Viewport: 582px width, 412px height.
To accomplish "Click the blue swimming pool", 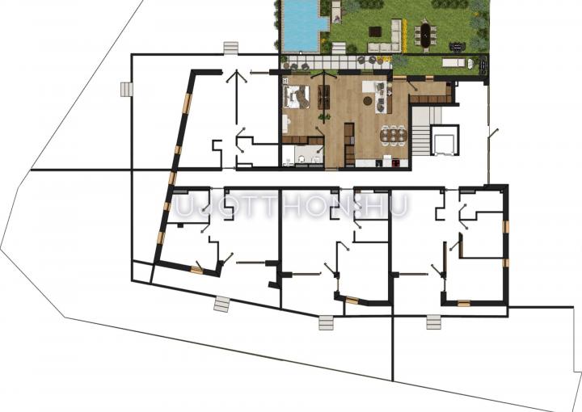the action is pyautogui.click(x=301, y=27).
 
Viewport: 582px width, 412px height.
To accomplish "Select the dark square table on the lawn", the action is pyautogui.click(x=375, y=32).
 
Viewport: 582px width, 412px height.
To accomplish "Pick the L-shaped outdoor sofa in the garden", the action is pyautogui.click(x=390, y=40).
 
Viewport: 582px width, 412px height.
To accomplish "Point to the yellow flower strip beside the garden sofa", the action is pyautogui.click(x=404, y=36).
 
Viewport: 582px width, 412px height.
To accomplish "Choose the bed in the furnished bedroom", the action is pyautogui.click(x=296, y=96).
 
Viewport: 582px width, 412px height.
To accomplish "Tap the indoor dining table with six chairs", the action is pyautogui.click(x=394, y=134).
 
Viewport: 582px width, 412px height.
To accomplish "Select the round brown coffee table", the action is pyautogui.click(x=369, y=100).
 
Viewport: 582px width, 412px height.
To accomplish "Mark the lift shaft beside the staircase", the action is pyautogui.click(x=445, y=141).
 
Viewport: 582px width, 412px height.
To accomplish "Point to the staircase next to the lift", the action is pyautogui.click(x=420, y=131).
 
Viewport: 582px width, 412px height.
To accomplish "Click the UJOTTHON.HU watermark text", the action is pyautogui.click(x=291, y=206).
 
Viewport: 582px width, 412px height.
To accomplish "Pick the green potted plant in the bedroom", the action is pyautogui.click(x=324, y=117).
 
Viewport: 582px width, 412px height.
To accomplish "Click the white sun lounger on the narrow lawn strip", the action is pyautogui.click(x=453, y=63).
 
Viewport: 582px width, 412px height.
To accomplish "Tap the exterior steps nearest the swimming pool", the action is pyautogui.click(x=231, y=48).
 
